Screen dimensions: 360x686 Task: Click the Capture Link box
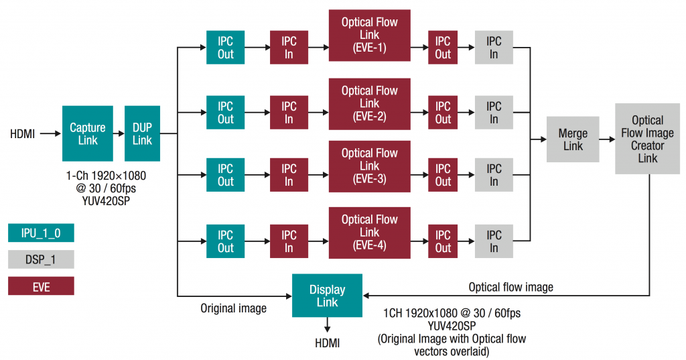(x=88, y=133)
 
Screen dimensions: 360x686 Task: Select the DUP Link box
(x=142, y=133)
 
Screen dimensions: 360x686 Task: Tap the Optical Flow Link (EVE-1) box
(x=369, y=35)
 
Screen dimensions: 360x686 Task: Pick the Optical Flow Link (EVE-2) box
(x=369, y=103)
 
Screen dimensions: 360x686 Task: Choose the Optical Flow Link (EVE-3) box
(x=369, y=166)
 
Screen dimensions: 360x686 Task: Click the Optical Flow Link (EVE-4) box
(x=369, y=232)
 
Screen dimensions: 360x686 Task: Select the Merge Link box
(x=573, y=139)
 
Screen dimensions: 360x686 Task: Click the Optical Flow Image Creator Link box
(x=647, y=139)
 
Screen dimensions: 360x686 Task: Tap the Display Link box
(x=327, y=296)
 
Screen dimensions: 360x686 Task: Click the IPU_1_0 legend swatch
(x=41, y=233)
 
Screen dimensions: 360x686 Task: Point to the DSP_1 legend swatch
(x=41, y=259)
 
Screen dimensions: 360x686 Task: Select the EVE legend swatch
(x=41, y=286)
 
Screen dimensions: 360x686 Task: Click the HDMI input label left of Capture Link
(x=22, y=133)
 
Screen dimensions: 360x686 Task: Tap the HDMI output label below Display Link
(x=327, y=343)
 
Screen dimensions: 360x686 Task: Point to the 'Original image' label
(x=233, y=308)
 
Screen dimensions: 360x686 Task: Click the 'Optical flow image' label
(x=510, y=287)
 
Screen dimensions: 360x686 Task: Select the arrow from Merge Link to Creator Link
(x=607, y=139)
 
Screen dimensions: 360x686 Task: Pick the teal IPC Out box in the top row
(x=225, y=48)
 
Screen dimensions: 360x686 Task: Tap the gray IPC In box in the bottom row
(x=493, y=241)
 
